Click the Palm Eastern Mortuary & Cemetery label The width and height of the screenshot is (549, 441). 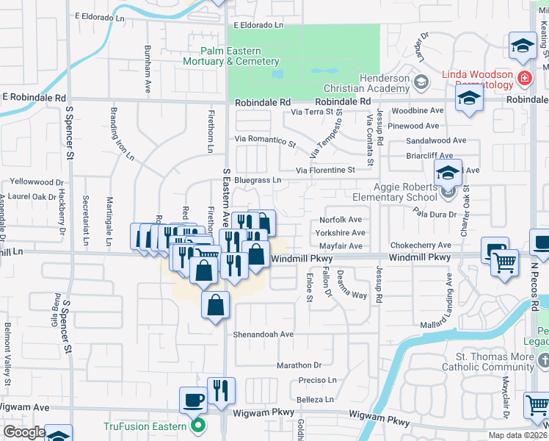point(240,57)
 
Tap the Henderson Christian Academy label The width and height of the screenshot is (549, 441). point(384,84)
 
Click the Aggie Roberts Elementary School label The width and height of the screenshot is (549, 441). point(395,193)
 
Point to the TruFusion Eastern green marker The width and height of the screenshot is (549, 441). point(197,425)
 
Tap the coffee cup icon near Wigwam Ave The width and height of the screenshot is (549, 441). point(193,400)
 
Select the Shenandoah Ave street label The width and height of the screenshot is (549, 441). point(263,334)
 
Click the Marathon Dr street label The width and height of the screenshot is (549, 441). point(299,365)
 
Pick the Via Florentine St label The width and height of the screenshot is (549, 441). point(325,171)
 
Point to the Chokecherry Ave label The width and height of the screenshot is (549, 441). point(421,245)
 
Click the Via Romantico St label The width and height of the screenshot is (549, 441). point(265,139)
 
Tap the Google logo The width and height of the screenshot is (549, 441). point(24,432)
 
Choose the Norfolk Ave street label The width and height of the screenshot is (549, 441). point(341,220)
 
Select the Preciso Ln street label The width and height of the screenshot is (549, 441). point(317,380)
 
